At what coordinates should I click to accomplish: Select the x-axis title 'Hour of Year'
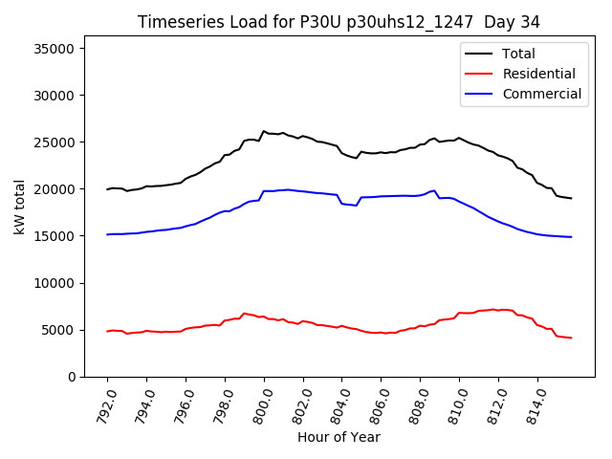pos(339,437)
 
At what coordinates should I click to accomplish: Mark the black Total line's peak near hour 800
pos(264,131)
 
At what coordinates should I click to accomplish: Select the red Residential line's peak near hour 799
pos(244,313)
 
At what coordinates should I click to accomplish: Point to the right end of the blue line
pos(571,237)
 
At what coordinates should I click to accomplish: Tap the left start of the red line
pos(107,331)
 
